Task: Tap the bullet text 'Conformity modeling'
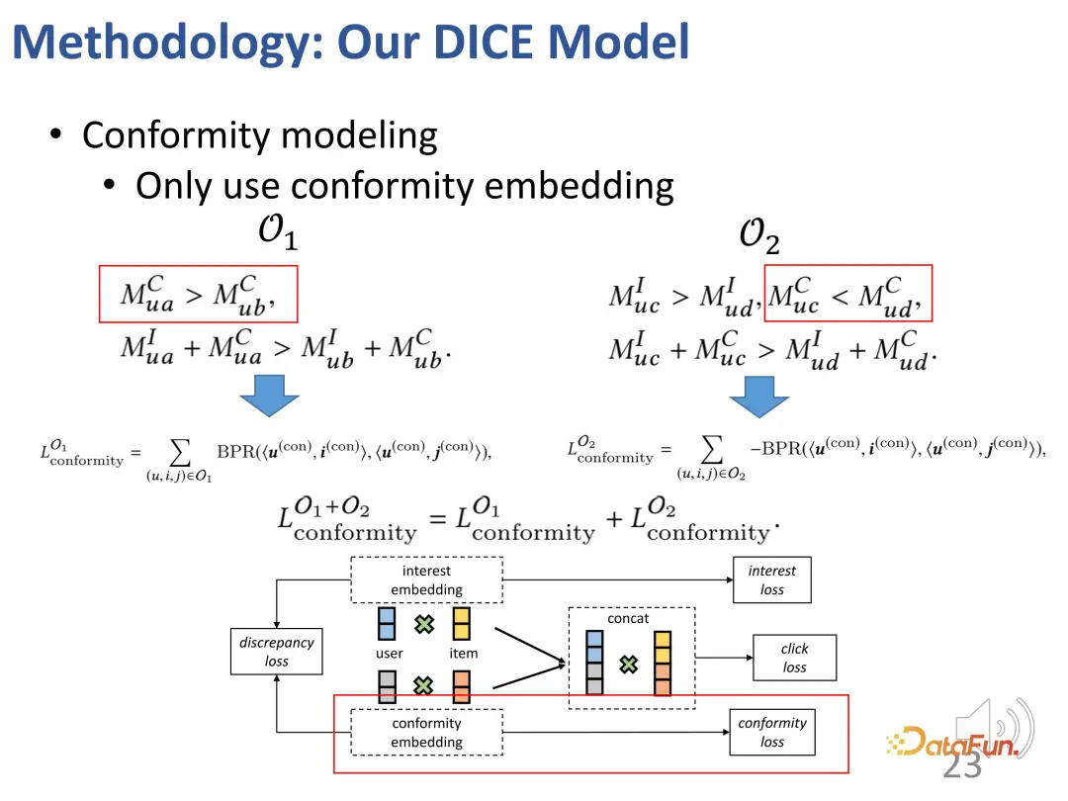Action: pos(259,135)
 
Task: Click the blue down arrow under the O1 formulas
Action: pos(269,394)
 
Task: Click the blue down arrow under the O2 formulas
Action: pos(758,394)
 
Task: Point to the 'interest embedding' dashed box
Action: pos(426,580)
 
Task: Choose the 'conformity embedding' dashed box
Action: pos(426,733)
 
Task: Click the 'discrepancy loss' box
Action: pos(276,652)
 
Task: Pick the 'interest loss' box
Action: pos(771,580)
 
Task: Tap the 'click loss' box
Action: pos(794,658)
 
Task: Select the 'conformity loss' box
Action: pos(771,733)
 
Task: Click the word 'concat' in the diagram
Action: pos(628,619)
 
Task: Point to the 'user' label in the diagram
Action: pos(390,654)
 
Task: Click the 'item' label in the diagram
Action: pos(463,654)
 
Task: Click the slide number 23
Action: pos(962,766)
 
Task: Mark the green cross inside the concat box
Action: pos(628,665)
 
